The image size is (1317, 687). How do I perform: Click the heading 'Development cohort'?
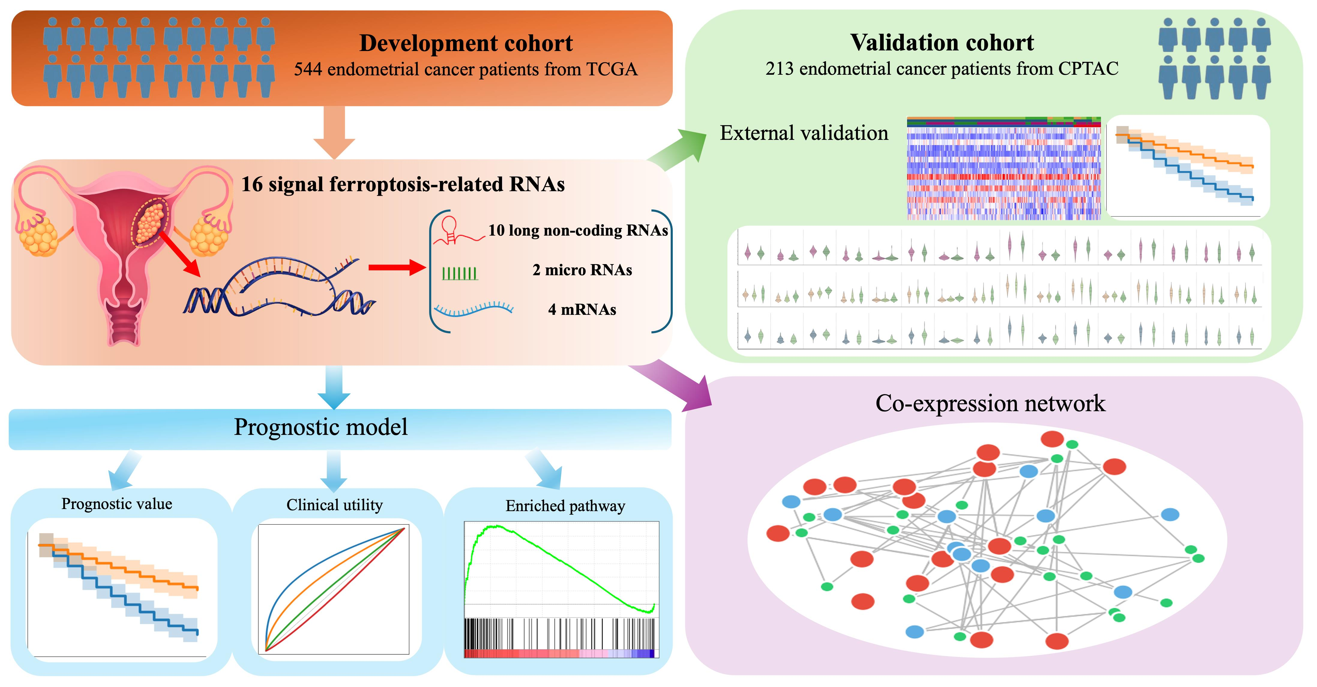tap(466, 43)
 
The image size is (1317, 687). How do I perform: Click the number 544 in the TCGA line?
tap(308, 69)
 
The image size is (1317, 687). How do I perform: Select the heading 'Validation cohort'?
tap(942, 42)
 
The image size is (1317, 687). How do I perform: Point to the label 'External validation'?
tap(804, 133)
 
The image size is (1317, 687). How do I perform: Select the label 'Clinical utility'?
tap(334, 505)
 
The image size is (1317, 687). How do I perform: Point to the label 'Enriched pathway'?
tap(565, 506)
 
